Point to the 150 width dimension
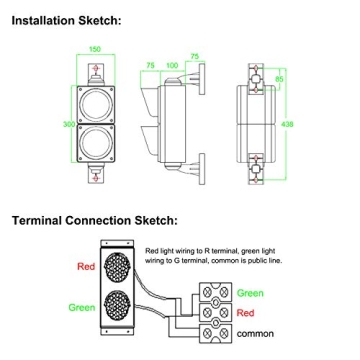point(96,48)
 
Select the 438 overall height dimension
point(289,125)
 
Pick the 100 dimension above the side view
point(172,65)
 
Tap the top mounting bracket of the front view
point(96,69)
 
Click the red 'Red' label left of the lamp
point(85,267)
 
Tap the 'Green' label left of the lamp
point(82,307)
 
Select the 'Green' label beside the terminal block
point(250,294)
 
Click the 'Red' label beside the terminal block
point(246,313)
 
